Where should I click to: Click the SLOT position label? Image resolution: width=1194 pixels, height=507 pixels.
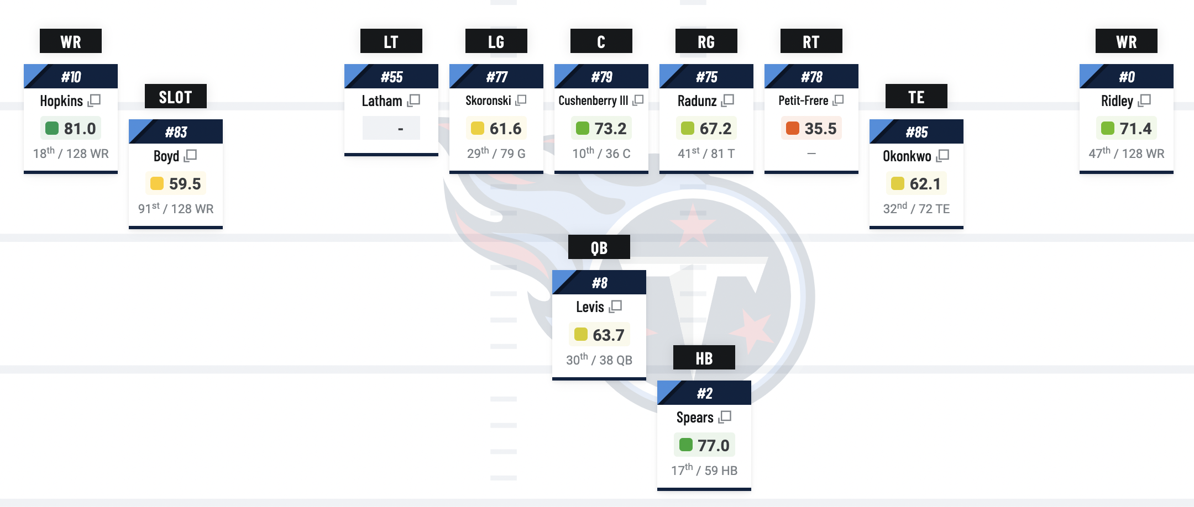click(x=175, y=97)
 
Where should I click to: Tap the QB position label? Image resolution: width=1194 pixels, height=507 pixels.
click(x=599, y=247)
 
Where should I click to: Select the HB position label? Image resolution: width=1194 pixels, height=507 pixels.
click(x=704, y=358)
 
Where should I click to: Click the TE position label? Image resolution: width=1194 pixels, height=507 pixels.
click(x=916, y=97)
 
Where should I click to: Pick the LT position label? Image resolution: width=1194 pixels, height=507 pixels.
click(x=391, y=41)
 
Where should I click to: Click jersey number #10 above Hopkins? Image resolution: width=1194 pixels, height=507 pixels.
click(x=71, y=77)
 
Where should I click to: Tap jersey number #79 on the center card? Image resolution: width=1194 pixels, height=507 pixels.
click(x=601, y=77)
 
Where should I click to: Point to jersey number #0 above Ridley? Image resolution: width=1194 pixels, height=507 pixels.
click(x=1127, y=77)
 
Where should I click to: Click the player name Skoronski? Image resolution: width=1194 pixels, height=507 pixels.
click(x=488, y=101)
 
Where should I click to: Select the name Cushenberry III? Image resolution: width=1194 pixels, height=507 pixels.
click(x=593, y=101)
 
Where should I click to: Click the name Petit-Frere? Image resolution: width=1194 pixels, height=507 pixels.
click(x=803, y=101)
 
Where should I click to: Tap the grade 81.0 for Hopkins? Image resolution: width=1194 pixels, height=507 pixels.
click(x=80, y=129)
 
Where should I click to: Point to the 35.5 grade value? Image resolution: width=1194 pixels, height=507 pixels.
click(x=820, y=129)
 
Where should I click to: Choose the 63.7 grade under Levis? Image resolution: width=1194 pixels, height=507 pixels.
click(x=608, y=335)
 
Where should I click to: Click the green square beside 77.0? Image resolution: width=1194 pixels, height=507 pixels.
click(x=686, y=445)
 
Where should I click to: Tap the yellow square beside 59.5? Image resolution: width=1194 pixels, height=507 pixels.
click(x=157, y=183)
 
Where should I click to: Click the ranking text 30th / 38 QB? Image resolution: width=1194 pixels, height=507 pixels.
click(x=599, y=360)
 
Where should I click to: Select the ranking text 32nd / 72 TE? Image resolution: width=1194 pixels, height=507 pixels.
click(x=916, y=209)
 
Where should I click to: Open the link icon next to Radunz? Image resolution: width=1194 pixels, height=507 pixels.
click(x=728, y=100)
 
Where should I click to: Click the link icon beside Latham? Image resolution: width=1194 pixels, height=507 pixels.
click(x=414, y=100)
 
